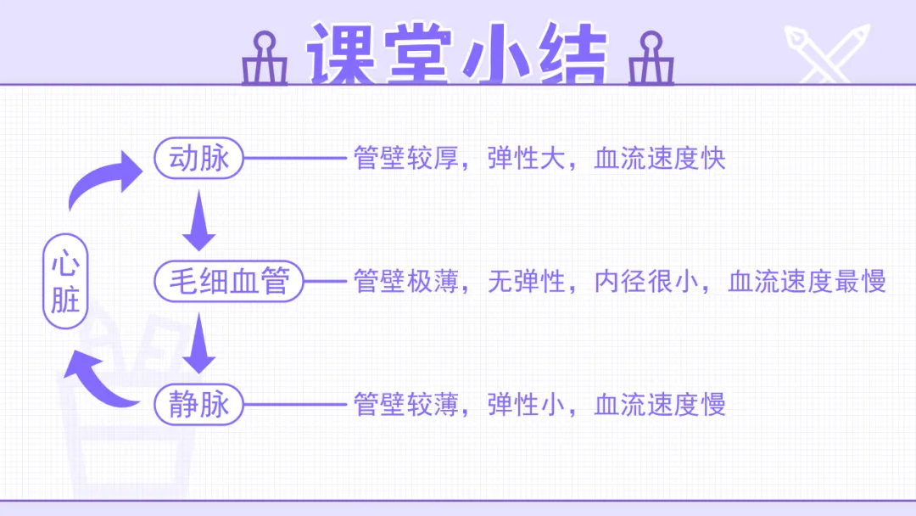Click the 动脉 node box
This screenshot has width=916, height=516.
(199, 159)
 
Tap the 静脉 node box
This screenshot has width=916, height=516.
(199, 404)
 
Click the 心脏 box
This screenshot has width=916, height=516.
(65, 282)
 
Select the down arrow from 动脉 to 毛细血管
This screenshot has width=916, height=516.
(199, 221)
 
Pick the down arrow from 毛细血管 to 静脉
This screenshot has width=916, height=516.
(199, 343)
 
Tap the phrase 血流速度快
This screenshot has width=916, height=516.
(660, 159)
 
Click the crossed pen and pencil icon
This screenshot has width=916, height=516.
(826, 53)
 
